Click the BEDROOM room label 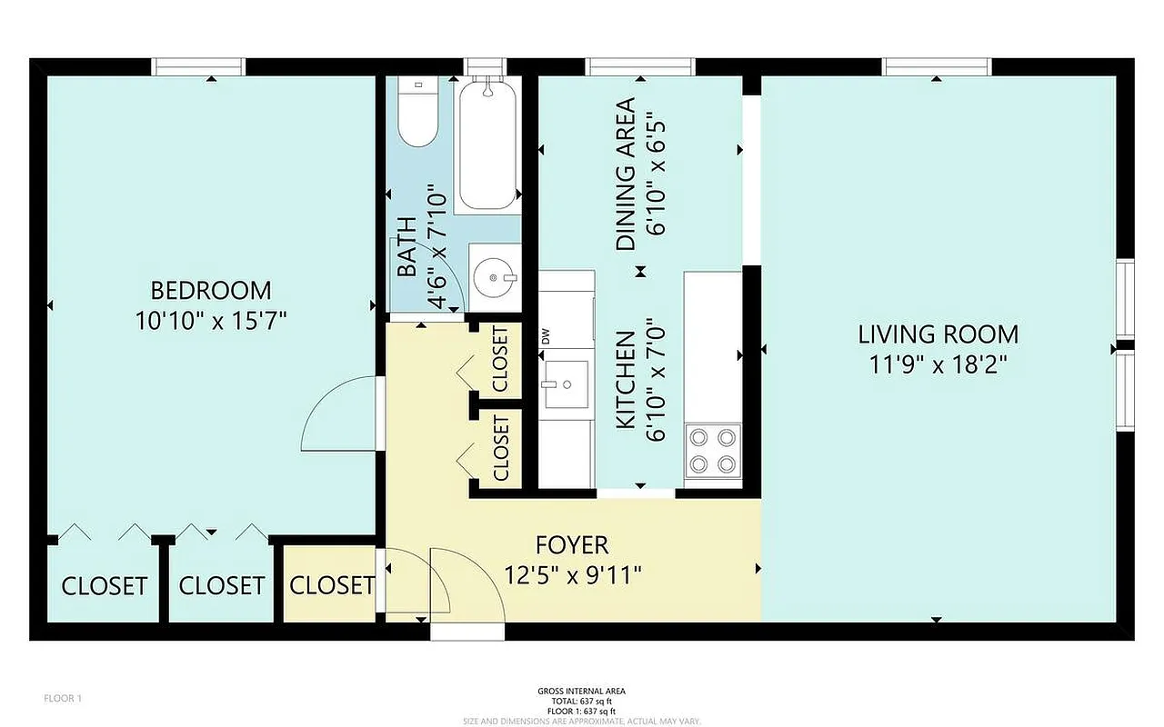[210, 291]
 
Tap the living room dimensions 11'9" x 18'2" [938, 364]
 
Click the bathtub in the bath [488, 145]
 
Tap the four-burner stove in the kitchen [712, 451]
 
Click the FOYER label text [572, 545]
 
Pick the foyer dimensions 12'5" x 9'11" [573, 575]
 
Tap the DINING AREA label [626, 174]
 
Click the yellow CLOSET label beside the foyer [332, 586]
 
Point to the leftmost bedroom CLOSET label [104, 586]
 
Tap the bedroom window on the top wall [198, 66]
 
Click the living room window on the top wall [937, 66]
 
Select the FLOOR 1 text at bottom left [64, 699]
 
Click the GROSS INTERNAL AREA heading [581, 692]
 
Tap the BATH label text [406, 247]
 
